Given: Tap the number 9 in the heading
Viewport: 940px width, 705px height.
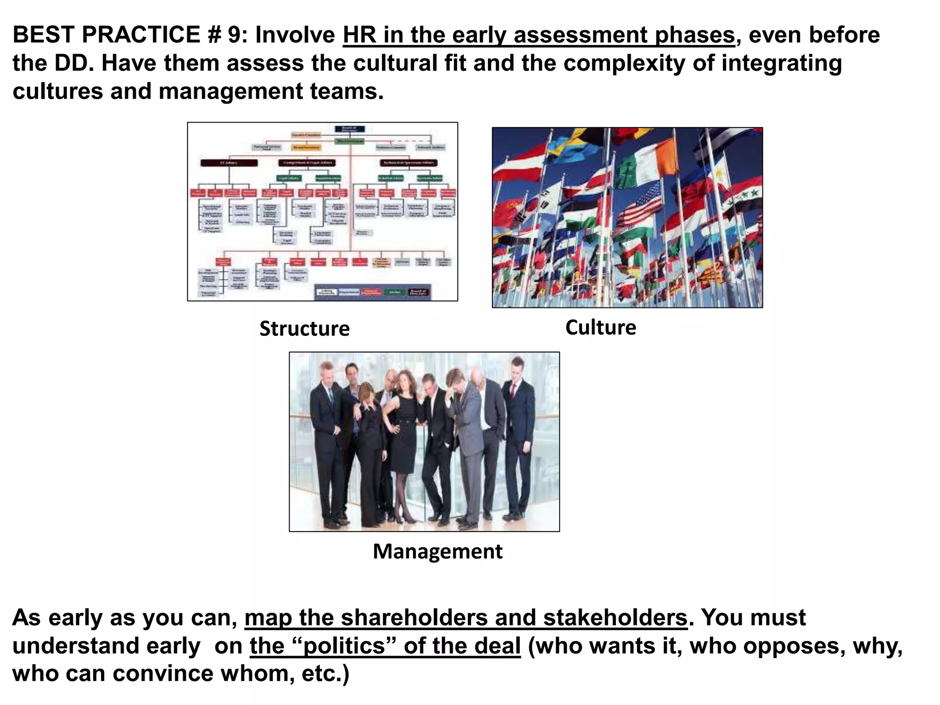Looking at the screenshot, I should click(234, 35).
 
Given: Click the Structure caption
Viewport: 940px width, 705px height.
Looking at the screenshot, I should click(304, 329).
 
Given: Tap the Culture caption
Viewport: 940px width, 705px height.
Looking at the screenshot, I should click(600, 327).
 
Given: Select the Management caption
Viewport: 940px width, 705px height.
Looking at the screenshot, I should click(437, 551).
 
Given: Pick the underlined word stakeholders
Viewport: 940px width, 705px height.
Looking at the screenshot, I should click(615, 618).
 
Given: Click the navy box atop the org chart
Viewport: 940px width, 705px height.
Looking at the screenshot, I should click(349, 129).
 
